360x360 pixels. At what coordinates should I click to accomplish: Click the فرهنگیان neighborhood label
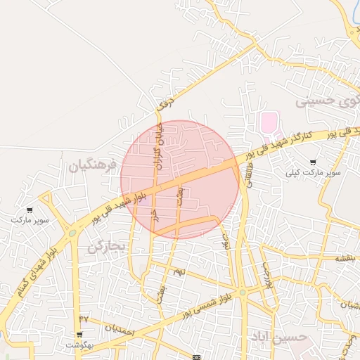coord(91,166)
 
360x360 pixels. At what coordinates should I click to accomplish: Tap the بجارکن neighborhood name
coord(106,247)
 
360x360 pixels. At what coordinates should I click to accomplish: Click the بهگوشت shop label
coord(79,345)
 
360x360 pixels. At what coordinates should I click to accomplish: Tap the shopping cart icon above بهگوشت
coord(79,335)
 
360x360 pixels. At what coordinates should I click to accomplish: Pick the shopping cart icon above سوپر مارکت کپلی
coord(313,162)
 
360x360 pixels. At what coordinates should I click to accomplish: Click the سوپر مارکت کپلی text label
coord(313,172)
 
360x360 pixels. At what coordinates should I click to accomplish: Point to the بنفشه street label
coord(345,258)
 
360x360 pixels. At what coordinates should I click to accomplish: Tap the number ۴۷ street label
coord(84,319)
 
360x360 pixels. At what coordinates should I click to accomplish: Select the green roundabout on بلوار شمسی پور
coord(241,292)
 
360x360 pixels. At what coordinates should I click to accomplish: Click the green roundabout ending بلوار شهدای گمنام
coord(72,233)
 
